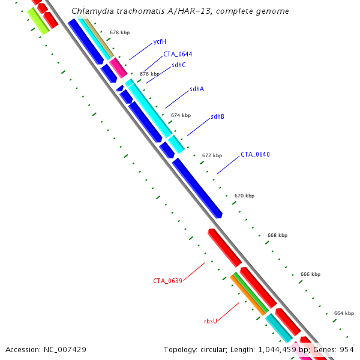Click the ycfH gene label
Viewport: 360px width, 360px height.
click(159, 41)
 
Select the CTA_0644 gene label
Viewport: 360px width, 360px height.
click(178, 54)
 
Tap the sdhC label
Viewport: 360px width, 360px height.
click(179, 65)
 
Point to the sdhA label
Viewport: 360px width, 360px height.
click(197, 89)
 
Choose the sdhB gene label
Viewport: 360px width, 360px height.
click(217, 116)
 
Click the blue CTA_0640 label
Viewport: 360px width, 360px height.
click(255, 154)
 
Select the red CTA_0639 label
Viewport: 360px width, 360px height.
click(167, 281)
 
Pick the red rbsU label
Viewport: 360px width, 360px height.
click(210, 321)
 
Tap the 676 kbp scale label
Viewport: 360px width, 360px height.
click(149, 74)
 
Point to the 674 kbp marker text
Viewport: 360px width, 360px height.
click(181, 115)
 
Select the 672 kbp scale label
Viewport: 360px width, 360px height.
click(212, 155)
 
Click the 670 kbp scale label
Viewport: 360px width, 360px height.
click(244, 196)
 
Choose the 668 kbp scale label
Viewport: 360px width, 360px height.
click(277, 235)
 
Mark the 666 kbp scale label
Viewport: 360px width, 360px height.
click(310, 274)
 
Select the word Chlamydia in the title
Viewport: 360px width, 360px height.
click(89, 11)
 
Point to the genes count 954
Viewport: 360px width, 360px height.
click(347, 349)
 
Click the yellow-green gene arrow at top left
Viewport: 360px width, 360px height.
click(37, 21)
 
